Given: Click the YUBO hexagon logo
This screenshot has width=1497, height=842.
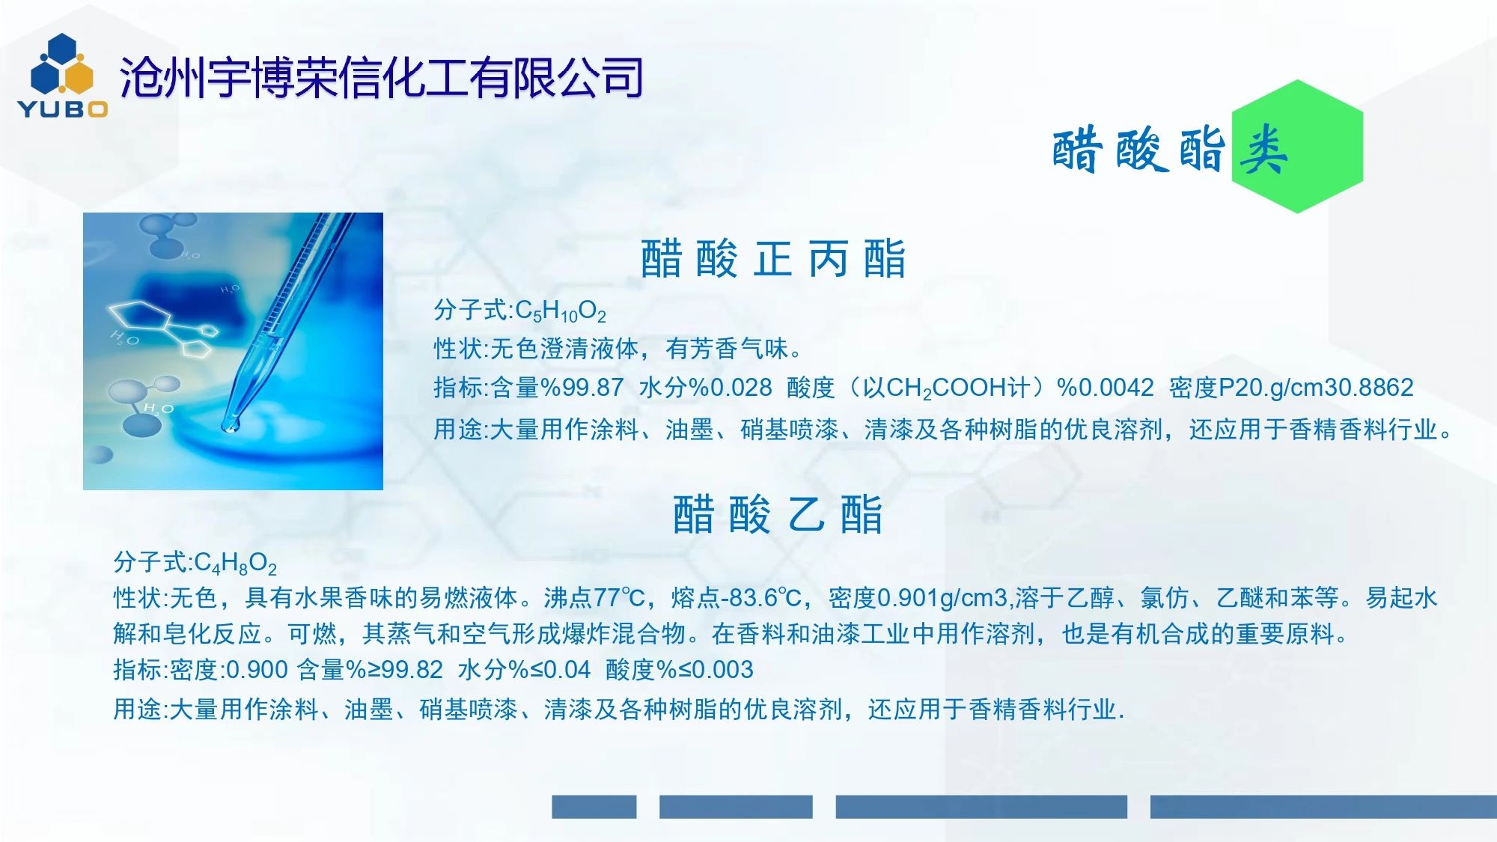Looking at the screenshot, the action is (63, 76).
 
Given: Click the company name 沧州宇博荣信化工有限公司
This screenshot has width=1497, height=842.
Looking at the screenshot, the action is (381, 78).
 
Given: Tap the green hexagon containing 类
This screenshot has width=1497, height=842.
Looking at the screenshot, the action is (1297, 147).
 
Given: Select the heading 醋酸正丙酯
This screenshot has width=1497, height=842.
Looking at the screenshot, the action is (772, 259).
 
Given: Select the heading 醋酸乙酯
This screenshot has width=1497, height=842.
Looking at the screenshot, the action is (778, 514).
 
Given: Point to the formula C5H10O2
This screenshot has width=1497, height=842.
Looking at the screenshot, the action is (561, 311).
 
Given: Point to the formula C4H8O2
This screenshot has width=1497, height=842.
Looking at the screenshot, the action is (235, 562).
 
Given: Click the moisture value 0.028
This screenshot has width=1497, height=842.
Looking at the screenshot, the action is (740, 387).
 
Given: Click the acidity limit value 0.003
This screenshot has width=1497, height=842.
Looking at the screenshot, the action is (722, 669).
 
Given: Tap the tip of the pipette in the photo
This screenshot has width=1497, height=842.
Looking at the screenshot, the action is (229, 427).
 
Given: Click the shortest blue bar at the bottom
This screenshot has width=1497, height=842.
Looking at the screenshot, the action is (594, 806).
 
